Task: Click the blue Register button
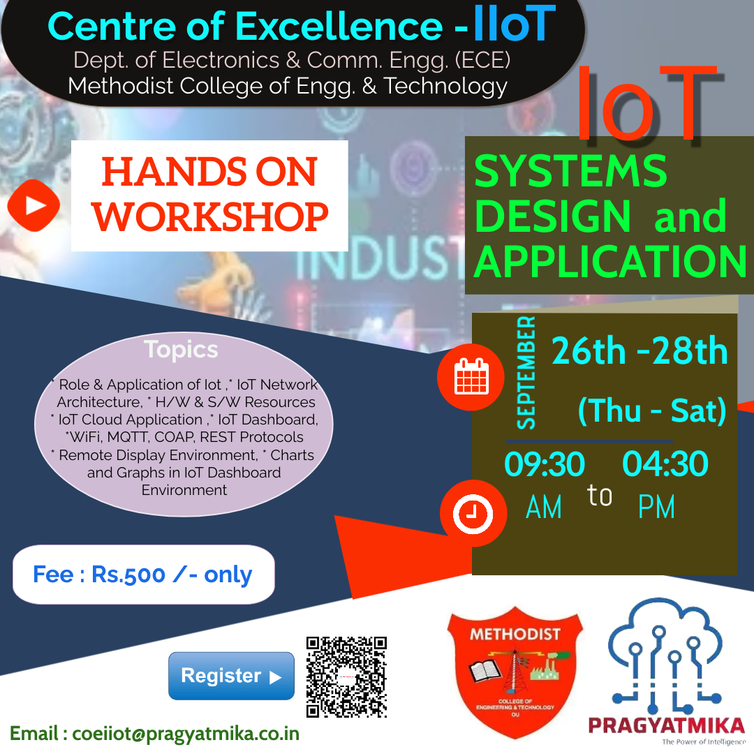coord(231,676)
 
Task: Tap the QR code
coord(347,677)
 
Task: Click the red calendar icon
coord(471,378)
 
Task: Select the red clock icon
coord(473,514)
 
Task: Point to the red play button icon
coord(34,205)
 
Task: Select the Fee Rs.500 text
coord(142,575)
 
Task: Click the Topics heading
coord(181,349)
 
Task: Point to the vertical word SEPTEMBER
coord(526,374)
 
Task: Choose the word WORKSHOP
coord(211,217)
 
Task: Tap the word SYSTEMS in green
coord(570,171)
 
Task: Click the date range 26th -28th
coord(640,351)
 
